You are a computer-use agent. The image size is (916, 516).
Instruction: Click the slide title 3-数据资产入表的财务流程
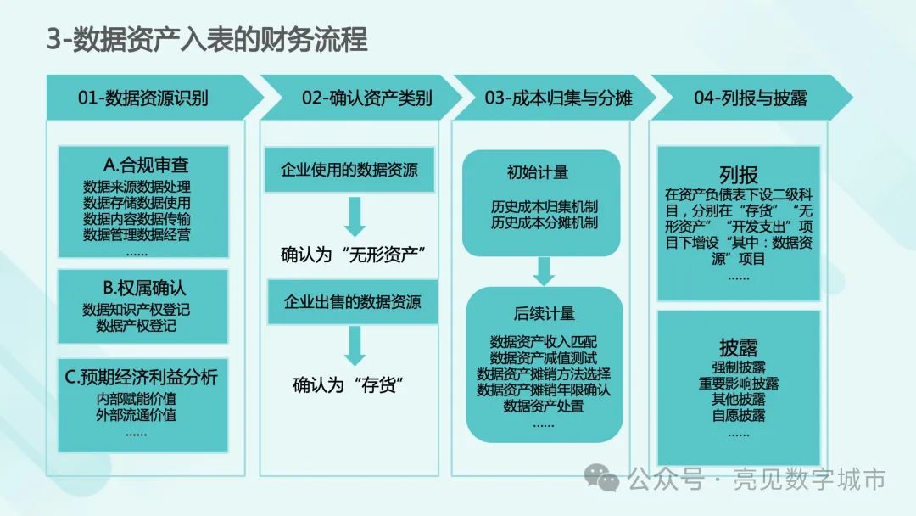[208, 39]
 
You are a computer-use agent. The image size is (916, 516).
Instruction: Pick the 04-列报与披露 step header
[751, 98]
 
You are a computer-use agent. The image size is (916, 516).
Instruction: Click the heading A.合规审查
[146, 165]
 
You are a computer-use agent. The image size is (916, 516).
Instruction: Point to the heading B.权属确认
[144, 288]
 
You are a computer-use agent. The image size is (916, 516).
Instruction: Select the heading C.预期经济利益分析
[141, 377]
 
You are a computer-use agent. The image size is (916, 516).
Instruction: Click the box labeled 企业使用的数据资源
[349, 170]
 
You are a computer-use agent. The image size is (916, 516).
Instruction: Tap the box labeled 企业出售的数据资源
[352, 301]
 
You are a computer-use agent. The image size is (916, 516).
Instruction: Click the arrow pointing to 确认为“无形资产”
[355, 216]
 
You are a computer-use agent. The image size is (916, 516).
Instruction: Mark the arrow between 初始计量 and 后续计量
[544, 271]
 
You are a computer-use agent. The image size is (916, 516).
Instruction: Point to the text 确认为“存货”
[349, 385]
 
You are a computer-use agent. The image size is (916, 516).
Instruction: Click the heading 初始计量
[538, 172]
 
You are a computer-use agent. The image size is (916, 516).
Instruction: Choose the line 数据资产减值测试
[544, 357]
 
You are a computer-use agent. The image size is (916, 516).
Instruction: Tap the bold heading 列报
[739, 175]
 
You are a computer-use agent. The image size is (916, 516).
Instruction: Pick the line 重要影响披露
[739, 384]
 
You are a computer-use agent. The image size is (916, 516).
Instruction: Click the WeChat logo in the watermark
[602, 478]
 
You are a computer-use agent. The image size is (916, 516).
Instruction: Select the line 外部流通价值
[136, 415]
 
